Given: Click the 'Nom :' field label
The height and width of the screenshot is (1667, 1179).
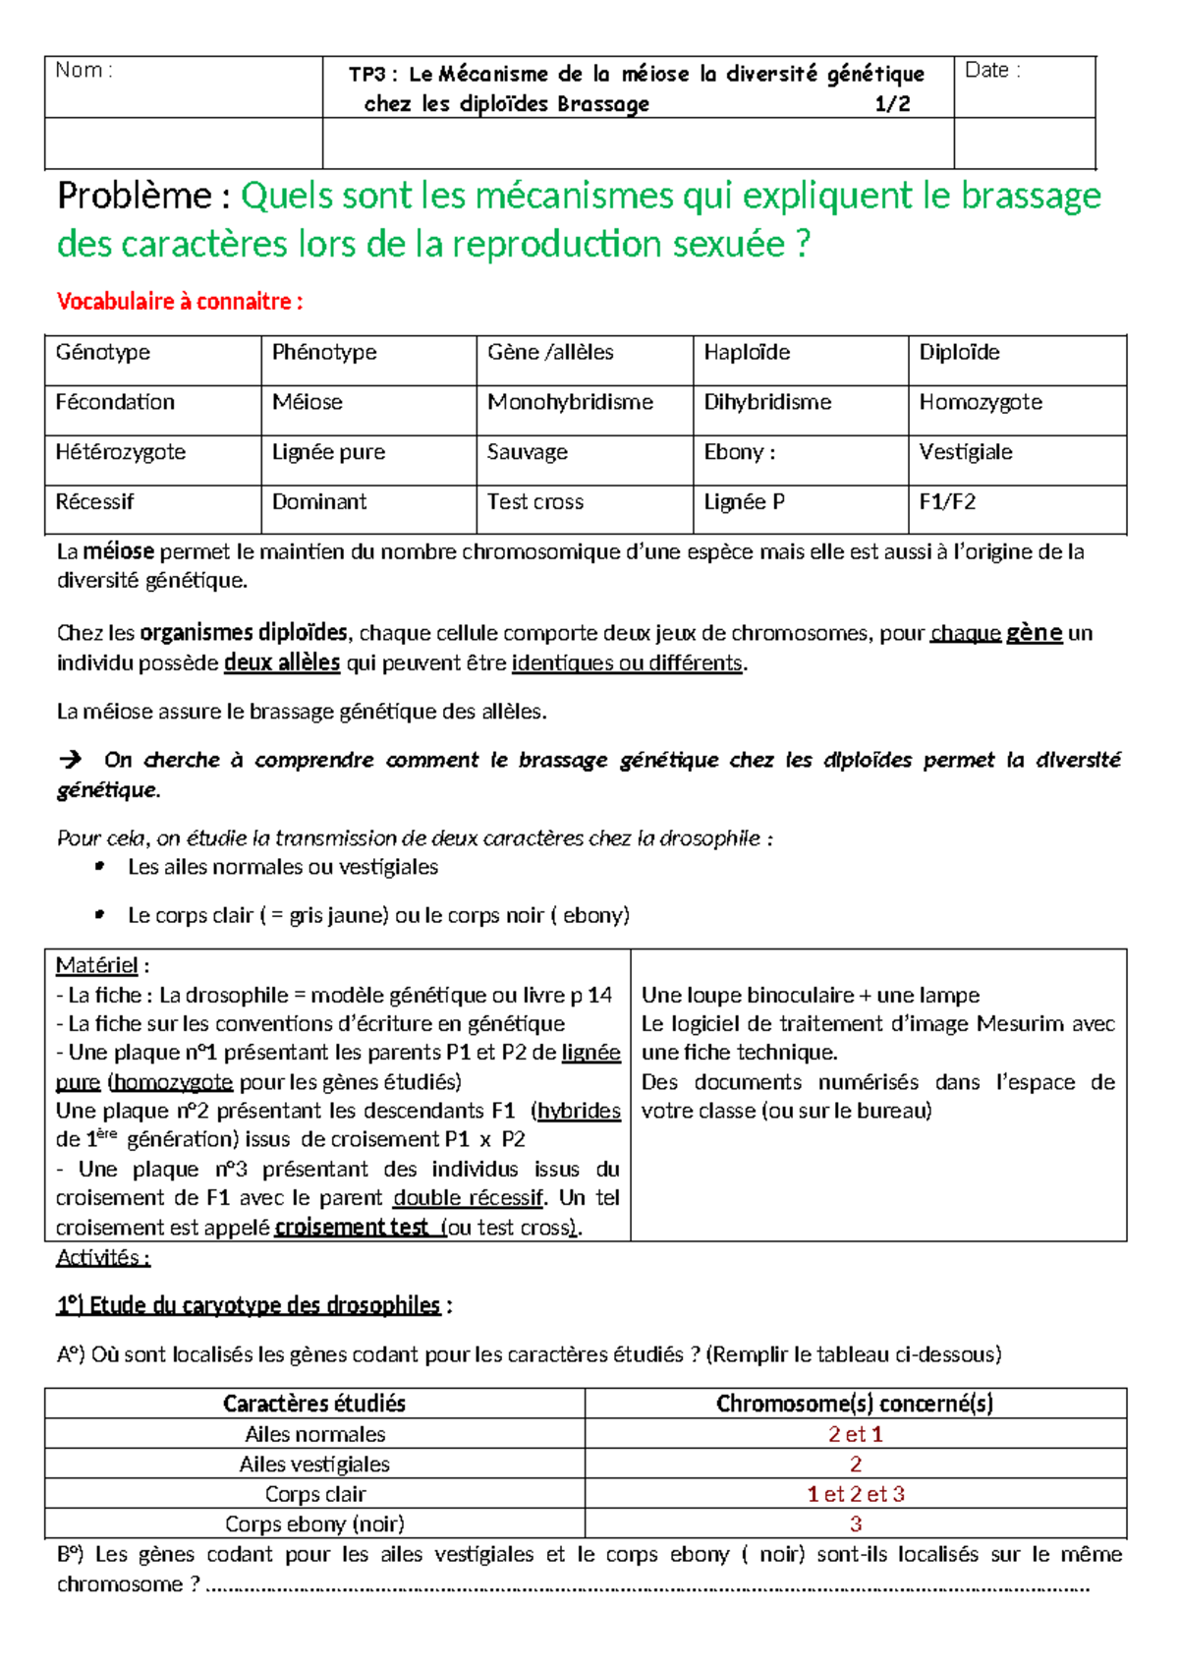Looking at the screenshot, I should coord(84,70).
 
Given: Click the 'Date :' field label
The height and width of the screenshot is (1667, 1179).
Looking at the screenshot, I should coord(992,70).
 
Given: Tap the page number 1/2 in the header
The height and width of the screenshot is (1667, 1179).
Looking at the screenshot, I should coord(892,104).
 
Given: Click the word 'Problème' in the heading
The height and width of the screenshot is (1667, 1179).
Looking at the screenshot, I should coord(134,196).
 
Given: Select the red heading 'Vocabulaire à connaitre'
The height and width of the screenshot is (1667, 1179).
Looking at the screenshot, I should coord(179,302).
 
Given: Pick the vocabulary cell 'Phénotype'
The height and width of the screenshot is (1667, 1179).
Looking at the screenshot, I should coord(324,352).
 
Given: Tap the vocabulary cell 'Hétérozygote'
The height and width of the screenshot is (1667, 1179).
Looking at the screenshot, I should coord(121,452).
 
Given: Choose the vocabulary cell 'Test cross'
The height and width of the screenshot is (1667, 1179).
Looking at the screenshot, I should coord(535,502).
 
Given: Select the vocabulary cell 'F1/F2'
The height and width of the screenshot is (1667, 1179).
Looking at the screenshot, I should coord(947,502).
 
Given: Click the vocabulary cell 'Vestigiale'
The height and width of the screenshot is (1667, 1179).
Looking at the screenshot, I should coord(966,452).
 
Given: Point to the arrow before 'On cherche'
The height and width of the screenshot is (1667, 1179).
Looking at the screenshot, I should coord(71,760).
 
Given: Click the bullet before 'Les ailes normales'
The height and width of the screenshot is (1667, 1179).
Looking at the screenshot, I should coord(99,867).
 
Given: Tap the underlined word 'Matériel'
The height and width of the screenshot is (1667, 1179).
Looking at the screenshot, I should coord(97,965).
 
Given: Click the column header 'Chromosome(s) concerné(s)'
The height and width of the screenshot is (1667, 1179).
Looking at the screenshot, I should coord(855,1404).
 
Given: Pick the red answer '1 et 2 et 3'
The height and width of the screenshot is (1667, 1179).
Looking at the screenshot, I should coord(856,1494).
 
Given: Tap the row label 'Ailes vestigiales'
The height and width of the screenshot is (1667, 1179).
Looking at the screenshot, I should coord(314,1465).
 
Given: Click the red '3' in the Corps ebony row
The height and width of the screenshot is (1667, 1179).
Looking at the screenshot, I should coord(856,1524).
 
